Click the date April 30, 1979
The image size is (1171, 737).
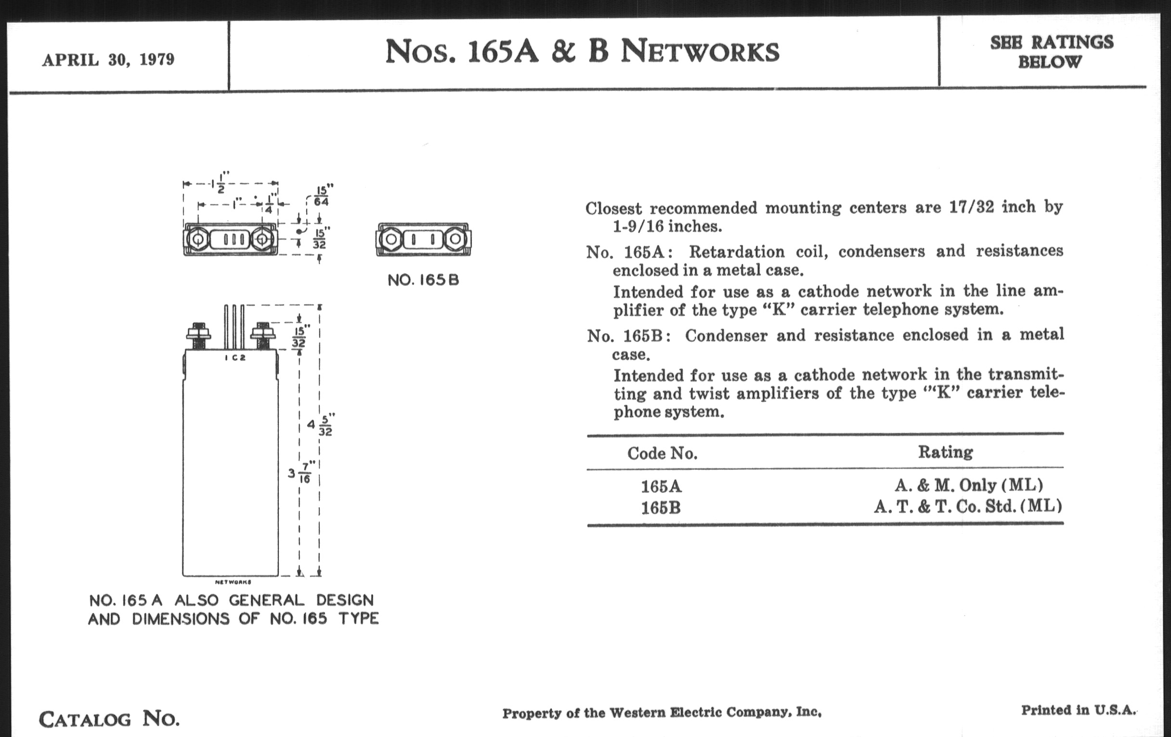point(108,60)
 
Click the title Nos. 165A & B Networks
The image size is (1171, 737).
point(582,52)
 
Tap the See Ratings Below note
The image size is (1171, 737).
point(1052,52)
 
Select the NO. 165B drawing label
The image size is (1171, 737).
point(423,280)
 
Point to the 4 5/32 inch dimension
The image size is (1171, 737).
point(320,425)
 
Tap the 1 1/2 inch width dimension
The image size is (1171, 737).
point(221,183)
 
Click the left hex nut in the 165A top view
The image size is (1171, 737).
point(198,239)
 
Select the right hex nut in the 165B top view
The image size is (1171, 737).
point(455,239)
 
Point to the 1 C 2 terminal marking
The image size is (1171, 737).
point(235,358)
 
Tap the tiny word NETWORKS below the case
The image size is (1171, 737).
point(233,582)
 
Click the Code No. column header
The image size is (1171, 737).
point(662,453)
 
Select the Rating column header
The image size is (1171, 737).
point(945,452)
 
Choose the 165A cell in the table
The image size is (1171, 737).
point(661,486)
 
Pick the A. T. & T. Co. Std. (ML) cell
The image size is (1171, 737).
point(968,507)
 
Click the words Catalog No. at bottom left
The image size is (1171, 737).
point(109,719)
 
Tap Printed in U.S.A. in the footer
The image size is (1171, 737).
point(1078,710)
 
